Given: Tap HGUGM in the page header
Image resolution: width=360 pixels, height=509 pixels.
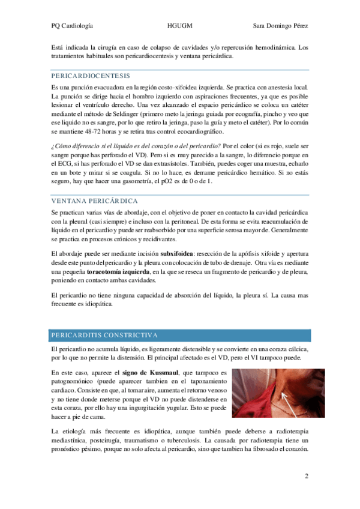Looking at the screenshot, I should click(180, 26).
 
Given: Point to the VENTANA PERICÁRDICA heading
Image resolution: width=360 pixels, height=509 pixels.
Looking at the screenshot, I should click(94, 200).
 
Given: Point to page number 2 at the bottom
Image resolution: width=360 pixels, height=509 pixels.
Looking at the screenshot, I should click(306, 477).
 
